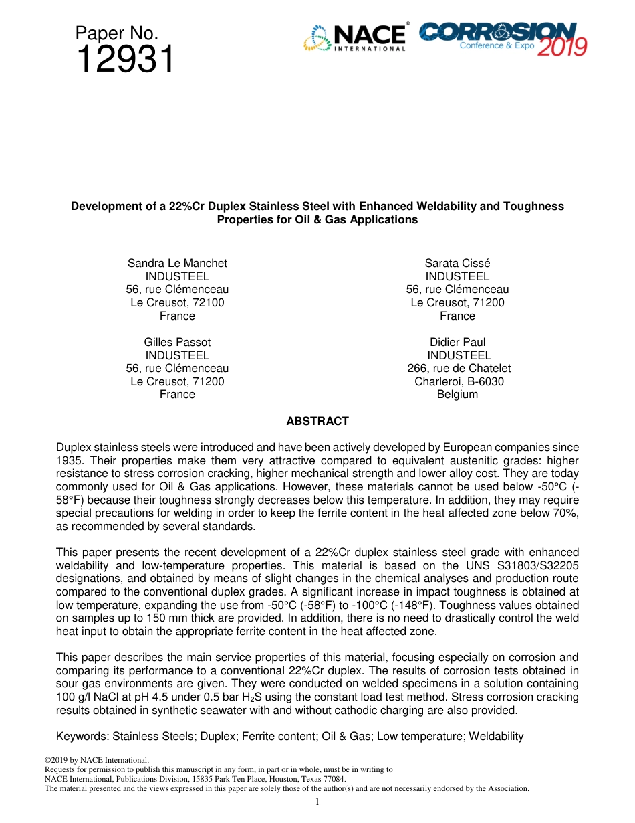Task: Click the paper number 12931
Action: (x=125, y=61)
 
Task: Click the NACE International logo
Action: (x=355, y=38)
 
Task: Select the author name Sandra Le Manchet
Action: (x=177, y=263)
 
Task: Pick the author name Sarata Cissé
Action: (x=457, y=263)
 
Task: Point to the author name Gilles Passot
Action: (x=177, y=342)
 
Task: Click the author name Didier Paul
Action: (x=457, y=342)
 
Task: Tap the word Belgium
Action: (x=457, y=394)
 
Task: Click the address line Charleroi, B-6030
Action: (x=459, y=381)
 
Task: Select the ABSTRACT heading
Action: (x=317, y=421)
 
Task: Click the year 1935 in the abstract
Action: (x=70, y=460)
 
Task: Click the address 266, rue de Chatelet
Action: (x=459, y=368)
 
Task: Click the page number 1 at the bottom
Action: (x=317, y=802)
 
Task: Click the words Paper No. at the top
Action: (x=117, y=33)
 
